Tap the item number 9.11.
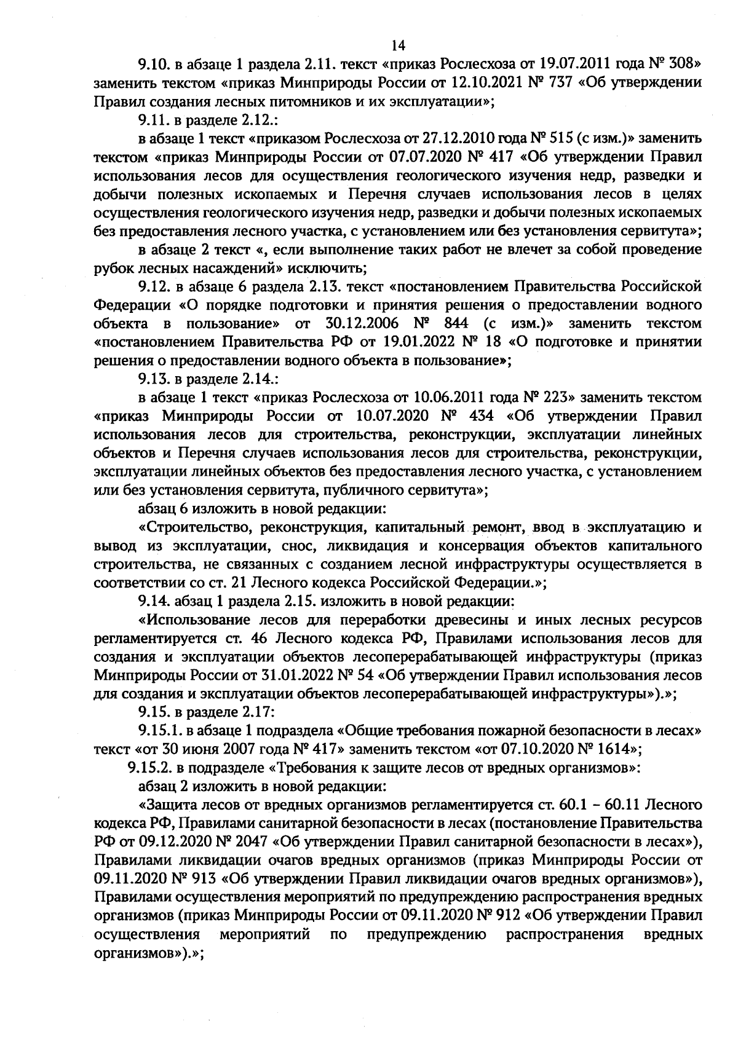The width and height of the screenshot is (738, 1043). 153,120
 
